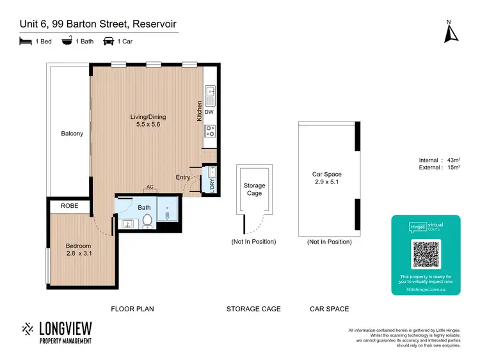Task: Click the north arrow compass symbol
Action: click(449, 32)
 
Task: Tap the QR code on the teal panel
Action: click(426, 254)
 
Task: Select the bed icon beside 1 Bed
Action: click(24, 41)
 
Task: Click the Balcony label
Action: click(72, 134)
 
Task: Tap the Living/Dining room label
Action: click(148, 121)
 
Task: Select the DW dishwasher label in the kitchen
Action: click(209, 112)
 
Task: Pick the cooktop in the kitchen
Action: click(210, 131)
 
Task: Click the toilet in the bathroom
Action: click(148, 220)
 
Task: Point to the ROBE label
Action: click(69, 206)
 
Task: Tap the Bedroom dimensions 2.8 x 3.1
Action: click(78, 254)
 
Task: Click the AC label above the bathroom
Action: click(150, 187)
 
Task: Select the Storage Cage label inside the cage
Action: click(254, 189)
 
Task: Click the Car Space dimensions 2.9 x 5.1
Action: click(326, 182)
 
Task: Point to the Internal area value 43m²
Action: click(453, 160)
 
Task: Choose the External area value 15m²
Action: click(453, 168)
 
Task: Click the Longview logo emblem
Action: click(28, 329)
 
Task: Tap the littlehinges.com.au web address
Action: click(426, 288)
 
